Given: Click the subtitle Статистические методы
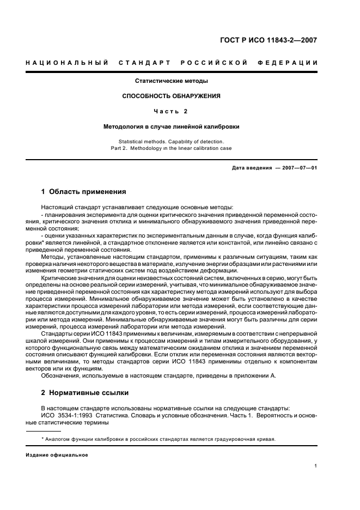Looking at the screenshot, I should pyautogui.click(x=172, y=81).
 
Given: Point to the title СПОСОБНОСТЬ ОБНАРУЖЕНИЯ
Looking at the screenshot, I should pyautogui.click(x=172, y=96).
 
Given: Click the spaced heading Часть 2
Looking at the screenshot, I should pyautogui.click(x=172, y=111).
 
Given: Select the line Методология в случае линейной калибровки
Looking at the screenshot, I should pyautogui.click(x=172, y=126).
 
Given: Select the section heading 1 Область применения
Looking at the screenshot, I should pyautogui.click(x=84, y=192).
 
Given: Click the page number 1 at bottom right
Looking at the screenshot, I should pyautogui.click(x=316, y=466).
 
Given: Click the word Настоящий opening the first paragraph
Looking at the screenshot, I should pyautogui.click(x=56, y=207).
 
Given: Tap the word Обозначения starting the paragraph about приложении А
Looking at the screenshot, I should pyautogui.click(x=60, y=375).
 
